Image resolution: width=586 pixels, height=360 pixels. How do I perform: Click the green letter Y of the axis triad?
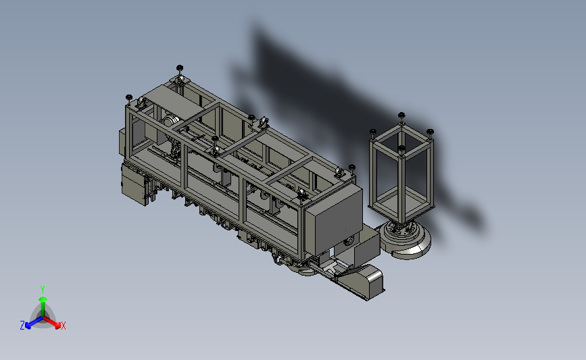[x=42, y=290]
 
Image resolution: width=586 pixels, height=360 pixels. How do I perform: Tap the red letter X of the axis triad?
[x=63, y=326]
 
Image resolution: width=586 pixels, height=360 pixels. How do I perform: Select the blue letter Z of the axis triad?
[x=22, y=326]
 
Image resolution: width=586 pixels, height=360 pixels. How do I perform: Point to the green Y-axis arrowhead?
[x=43, y=299]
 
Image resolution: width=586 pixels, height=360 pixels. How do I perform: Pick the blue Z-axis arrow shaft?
[x=36, y=322]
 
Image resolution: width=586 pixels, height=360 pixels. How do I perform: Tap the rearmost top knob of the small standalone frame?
[x=401, y=115]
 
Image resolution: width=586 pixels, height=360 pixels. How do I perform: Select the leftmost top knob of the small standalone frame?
[x=372, y=132]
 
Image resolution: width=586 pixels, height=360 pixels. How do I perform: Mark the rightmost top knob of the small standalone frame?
[x=430, y=132]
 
